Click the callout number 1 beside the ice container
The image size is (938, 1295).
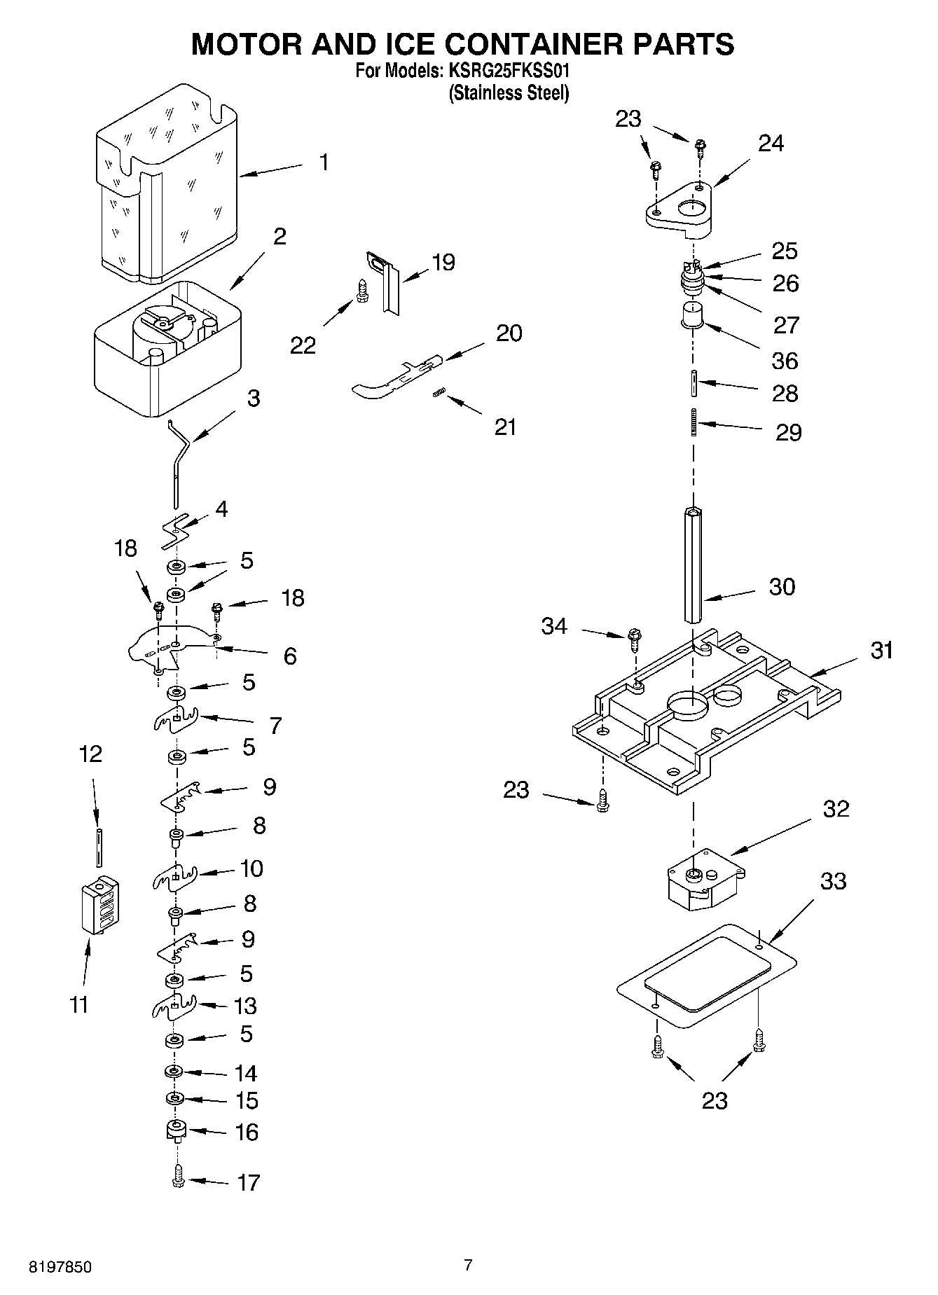pos(323,162)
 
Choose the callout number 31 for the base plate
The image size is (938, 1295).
pos(882,650)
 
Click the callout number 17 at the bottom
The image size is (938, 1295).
pos(248,1182)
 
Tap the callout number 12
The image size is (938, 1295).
pos(90,754)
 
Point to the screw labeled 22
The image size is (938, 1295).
pos(362,291)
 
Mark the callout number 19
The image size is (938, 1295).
pos(443,262)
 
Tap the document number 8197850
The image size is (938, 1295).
pos(60,1267)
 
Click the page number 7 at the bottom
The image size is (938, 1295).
pos(468,1264)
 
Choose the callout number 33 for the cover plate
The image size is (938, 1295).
pos(833,880)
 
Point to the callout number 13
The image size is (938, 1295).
pos(245,1006)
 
